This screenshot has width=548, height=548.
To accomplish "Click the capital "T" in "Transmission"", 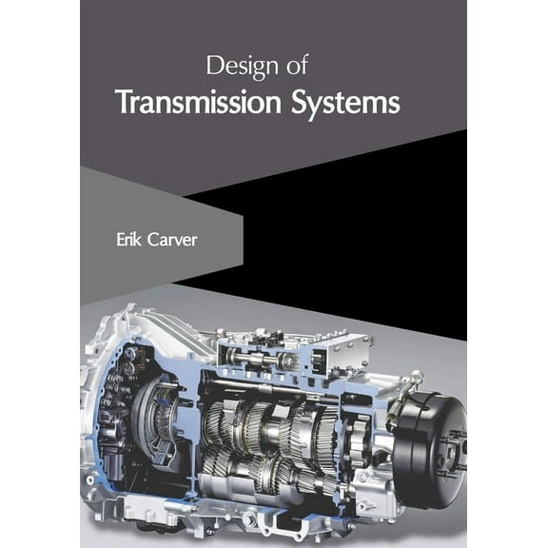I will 122,102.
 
